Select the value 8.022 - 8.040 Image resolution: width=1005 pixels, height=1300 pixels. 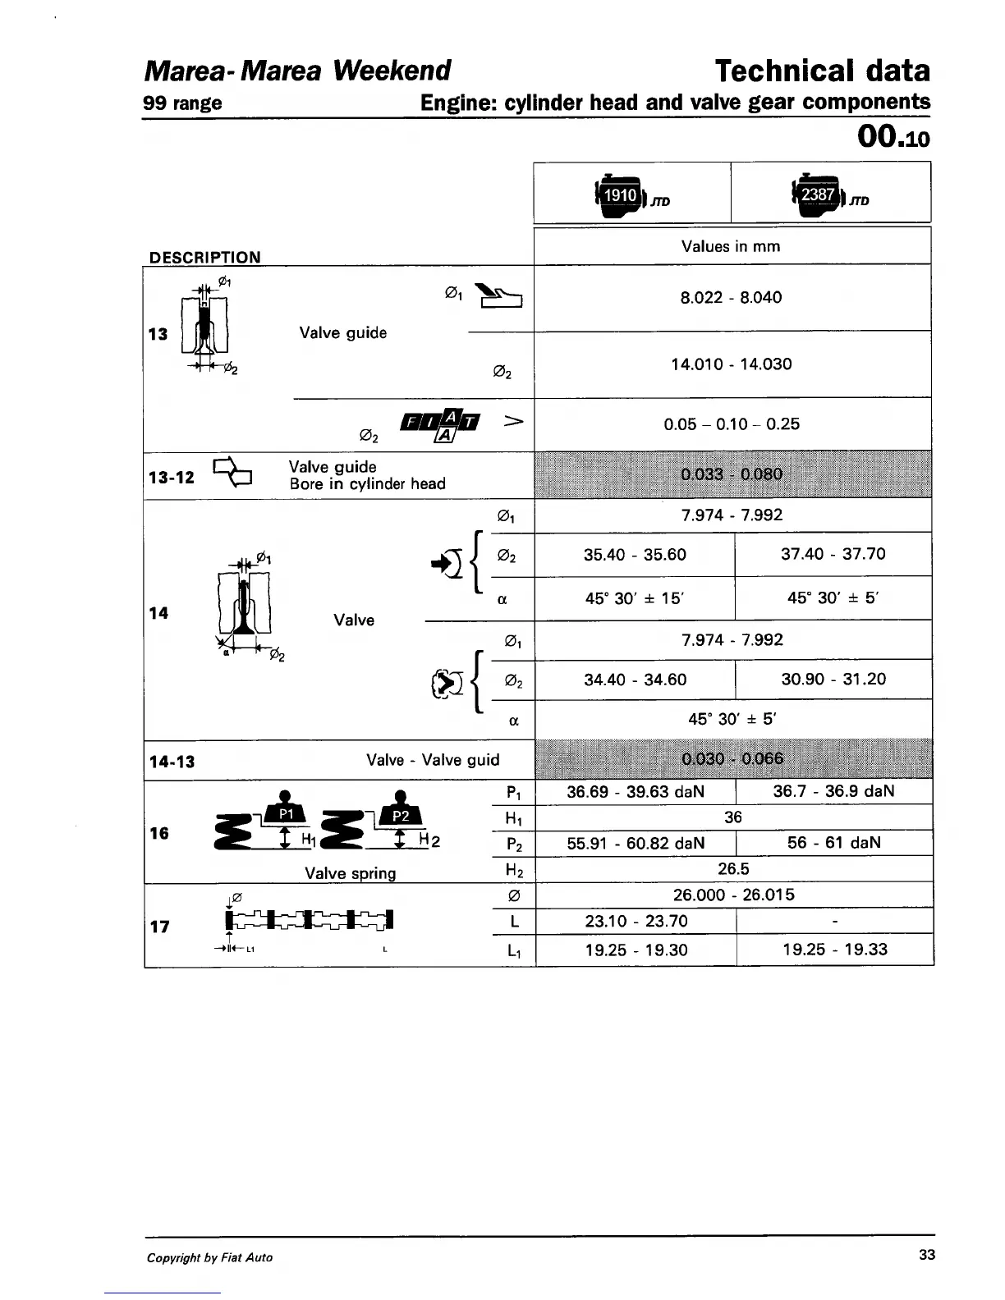coord(731,297)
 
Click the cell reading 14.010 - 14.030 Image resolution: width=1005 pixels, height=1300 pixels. coord(731,364)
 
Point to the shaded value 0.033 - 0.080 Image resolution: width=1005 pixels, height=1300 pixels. coord(732,474)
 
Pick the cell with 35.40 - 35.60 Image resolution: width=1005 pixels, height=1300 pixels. coord(635,555)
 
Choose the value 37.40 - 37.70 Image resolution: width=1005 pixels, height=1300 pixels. coord(833,554)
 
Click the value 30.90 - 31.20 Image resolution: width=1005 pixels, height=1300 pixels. coord(833,680)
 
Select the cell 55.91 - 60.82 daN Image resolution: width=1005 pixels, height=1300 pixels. coord(636,843)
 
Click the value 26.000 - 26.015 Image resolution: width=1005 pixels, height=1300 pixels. coord(733,895)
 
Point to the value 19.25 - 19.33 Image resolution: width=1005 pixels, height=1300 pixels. coord(834,950)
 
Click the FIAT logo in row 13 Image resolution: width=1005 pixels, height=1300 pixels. coord(439,423)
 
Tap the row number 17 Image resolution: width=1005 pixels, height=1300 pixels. coord(159,927)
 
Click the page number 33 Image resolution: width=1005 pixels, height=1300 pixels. coord(927,1255)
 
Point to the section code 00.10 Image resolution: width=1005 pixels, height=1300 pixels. coord(893,137)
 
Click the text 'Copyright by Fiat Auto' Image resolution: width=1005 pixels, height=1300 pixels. coord(209,1257)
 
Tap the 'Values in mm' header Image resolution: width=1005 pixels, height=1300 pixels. coord(731,246)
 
